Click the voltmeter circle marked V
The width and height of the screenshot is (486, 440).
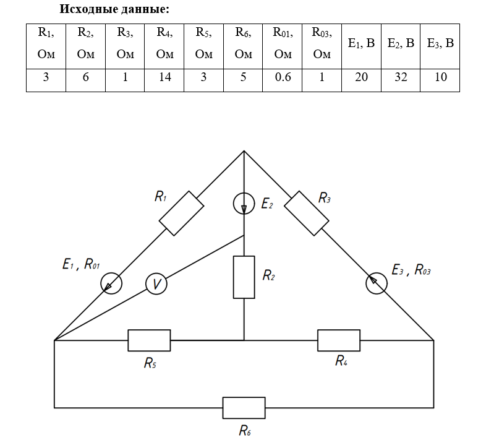[156, 284]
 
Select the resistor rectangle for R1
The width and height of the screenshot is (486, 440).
[181, 214]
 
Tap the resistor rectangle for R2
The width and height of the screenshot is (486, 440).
[244, 277]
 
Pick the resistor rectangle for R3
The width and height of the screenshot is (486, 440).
[307, 213]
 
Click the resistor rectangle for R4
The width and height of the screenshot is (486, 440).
[338, 340]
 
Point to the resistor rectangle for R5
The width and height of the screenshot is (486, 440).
[149, 340]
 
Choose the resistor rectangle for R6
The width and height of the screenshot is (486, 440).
[244, 408]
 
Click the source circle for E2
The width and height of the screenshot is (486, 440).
[244, 204]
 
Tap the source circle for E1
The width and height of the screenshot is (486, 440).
[111, 283]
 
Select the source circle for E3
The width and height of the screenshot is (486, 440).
[376, 283]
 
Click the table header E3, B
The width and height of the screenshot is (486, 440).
[440, 44]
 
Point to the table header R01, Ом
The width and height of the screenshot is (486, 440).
[283, 44]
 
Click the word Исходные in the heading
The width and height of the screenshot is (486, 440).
[87, 10]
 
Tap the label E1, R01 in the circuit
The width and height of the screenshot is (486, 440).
[81, 264]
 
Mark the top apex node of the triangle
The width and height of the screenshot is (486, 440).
[244, 150]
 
